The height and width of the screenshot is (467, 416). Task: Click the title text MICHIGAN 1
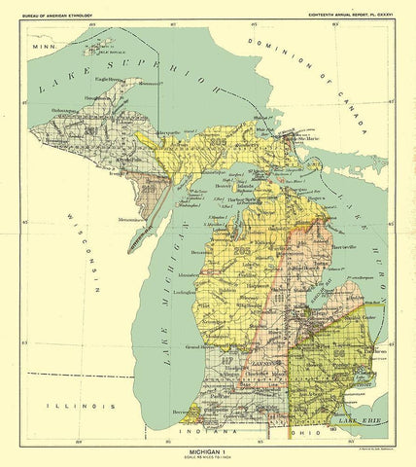point(208,452)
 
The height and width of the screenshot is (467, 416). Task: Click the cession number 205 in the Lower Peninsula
point(242,253)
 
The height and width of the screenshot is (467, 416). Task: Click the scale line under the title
point(208,459)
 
